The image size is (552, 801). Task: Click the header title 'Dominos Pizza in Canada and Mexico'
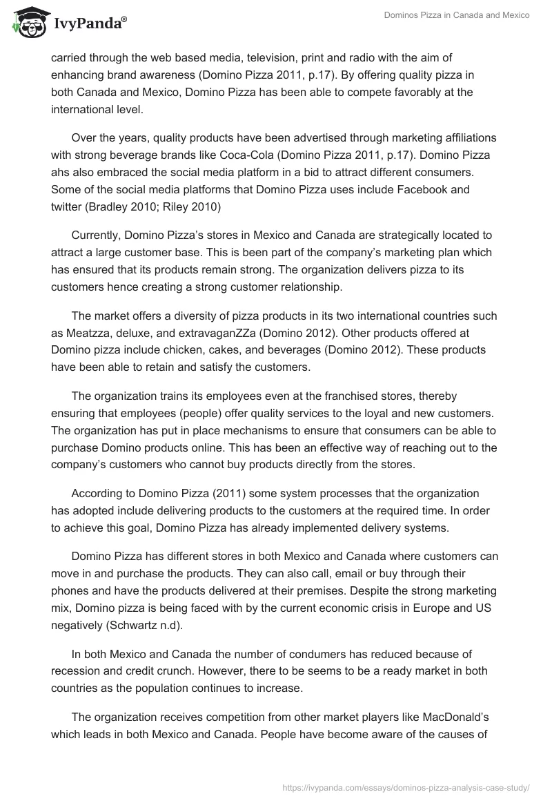(457, 16)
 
